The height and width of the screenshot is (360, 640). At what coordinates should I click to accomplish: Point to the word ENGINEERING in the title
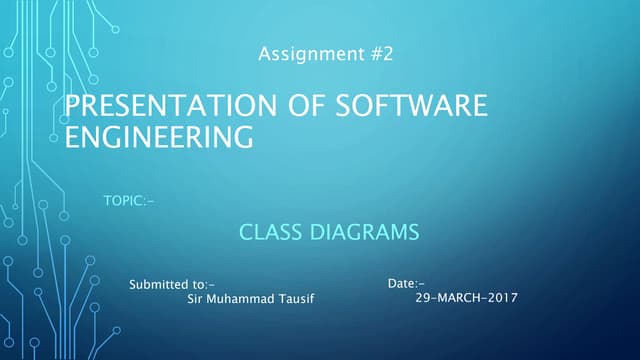pos(159,137)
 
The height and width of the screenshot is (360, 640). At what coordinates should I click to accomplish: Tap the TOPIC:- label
pos(129,203)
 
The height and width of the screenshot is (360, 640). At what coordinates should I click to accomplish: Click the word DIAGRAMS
pos(361,234)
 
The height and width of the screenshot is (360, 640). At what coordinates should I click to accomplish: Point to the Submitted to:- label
pos(172,285)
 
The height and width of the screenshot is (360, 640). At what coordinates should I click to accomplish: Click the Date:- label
pos(406,285)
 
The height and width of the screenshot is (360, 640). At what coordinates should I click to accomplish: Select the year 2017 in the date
pos(503,298)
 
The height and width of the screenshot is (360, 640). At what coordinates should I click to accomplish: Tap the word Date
pos(400,285)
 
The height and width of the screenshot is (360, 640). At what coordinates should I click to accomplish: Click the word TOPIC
pos(123,203)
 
